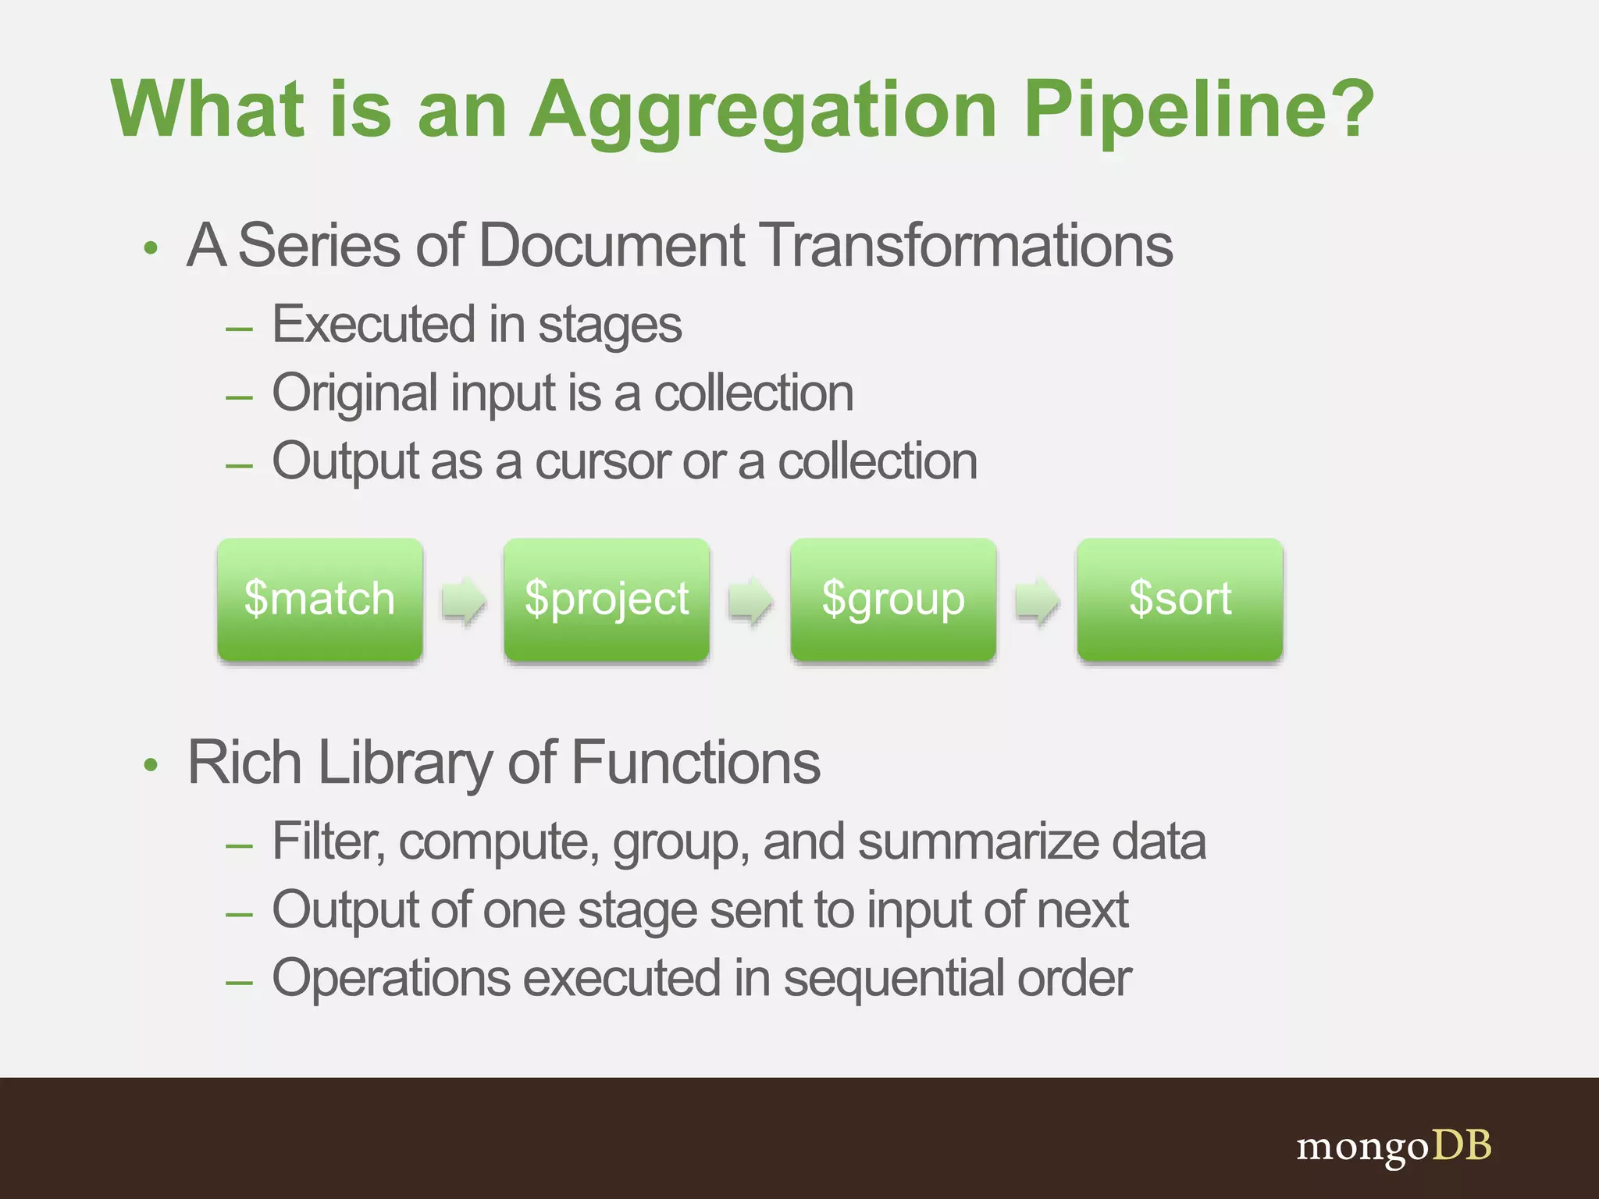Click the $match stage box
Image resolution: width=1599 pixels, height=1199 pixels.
coord(320,599)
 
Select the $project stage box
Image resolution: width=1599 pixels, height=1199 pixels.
coord(607,599)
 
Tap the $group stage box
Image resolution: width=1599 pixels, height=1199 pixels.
coord(893,599)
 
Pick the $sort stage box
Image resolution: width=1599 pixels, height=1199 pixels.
coord(1180,599)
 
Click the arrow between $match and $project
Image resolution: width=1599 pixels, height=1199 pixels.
coord(464,601)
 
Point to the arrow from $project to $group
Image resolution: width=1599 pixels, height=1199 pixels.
coord(750,601)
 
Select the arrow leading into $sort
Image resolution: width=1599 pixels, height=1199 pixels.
coord(1037,601)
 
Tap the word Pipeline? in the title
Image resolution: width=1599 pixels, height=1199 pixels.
coord(1198,109)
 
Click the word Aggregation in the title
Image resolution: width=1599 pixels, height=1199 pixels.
coord(764,109)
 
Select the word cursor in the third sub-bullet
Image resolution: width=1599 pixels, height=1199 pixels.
coord(602,461)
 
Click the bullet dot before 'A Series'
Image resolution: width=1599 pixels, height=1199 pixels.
coord(151,249)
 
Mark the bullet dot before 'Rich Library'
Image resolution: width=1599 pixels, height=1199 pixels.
coord(151,766)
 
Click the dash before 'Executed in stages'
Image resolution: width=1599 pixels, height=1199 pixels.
coord(239,329)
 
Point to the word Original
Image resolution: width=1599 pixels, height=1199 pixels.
coord(354,393)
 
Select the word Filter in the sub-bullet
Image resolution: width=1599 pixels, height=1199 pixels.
coord(328,841)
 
